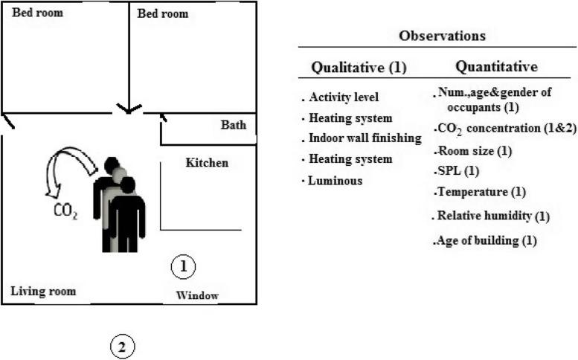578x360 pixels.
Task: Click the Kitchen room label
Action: pos(207,163)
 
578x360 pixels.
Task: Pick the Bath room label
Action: pos(233,125)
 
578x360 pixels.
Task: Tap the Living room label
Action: pos(43,291)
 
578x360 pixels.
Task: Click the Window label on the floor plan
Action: pos(197,296)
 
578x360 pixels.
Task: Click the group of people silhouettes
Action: pos(119,205)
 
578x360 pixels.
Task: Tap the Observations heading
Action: pos(443,36)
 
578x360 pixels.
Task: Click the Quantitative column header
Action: pos(496,67)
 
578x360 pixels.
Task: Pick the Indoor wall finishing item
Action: pos(365,138)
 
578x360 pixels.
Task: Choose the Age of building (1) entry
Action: pos(485,240)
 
